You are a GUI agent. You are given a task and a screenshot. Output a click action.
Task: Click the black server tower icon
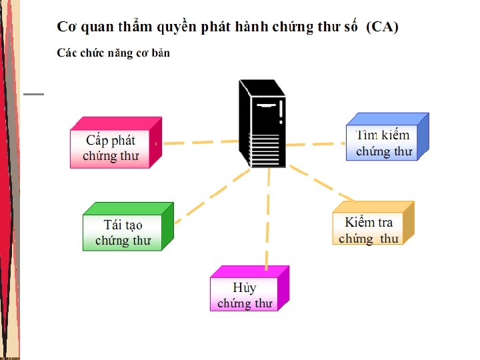(x=263, y=124)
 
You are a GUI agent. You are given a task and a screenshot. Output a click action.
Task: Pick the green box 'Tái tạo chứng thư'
(x=123, y=232)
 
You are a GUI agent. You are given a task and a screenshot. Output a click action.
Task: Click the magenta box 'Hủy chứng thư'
(x=245, y=294)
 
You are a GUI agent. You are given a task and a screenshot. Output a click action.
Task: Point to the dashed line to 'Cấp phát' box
(x=200, y=142)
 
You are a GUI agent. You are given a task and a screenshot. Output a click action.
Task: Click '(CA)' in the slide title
(x=383, y=27)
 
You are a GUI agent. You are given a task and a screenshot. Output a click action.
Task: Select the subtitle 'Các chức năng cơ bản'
(x=113, y=53)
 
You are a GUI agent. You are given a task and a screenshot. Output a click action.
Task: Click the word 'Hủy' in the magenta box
(x=244, y=288)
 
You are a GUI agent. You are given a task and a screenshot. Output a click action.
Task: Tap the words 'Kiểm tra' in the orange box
(x=369, y=223)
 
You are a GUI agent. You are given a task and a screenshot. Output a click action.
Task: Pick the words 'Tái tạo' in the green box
(x=123, y=225)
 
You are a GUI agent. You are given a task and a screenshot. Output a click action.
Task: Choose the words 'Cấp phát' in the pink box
(x=111, y=141)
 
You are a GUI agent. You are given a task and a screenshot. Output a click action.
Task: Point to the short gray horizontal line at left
(x=33, y=94)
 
